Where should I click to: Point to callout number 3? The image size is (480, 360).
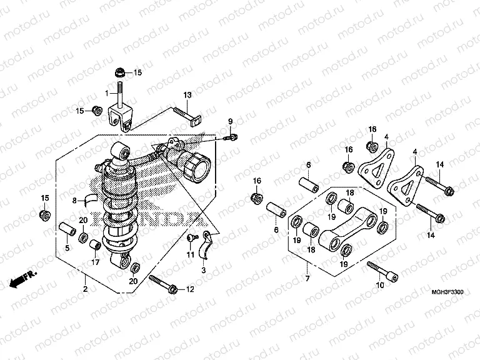coord(203,269)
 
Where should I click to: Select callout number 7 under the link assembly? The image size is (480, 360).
coord(307,277)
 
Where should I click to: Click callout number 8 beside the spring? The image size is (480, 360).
coord(73,201)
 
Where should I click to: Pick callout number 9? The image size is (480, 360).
coord(229,121)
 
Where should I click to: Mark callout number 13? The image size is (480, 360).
coord(186,95)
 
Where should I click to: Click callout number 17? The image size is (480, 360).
coord(96,262)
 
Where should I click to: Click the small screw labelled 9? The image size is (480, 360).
coord(232,136)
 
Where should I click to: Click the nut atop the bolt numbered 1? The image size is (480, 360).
coord(120,71)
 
